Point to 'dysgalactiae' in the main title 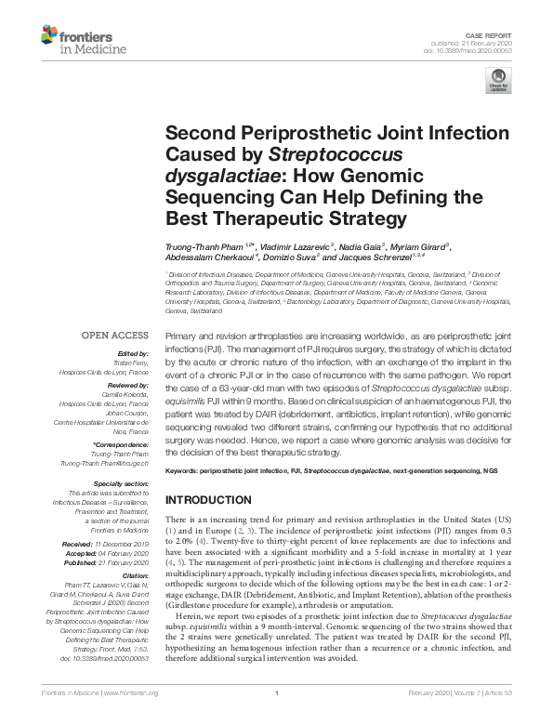pos(217,175)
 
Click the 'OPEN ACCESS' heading pos(114,336)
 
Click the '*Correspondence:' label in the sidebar pos(120,445)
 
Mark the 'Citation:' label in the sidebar pos(133,574)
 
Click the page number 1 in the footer pos(277,718)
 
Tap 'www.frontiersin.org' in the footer pos(129,718)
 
